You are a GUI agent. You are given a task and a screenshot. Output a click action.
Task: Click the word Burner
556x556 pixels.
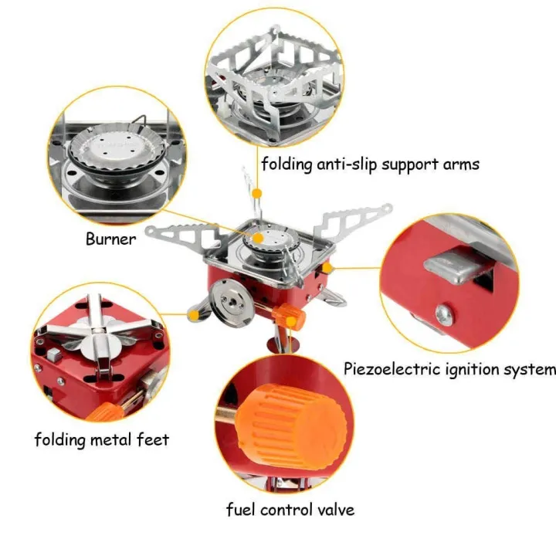110,239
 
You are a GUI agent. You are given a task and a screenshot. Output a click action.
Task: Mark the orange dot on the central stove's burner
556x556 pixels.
259,239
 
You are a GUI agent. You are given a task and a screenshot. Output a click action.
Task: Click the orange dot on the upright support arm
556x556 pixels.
257,192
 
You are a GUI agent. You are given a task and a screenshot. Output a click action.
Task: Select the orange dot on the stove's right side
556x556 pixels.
327,268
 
